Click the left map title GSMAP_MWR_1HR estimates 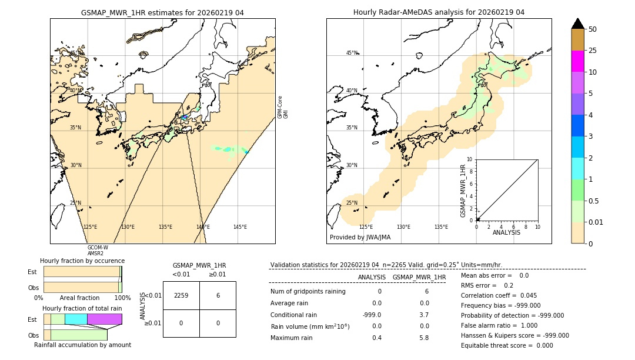pyautogui.click(x=162, y=12)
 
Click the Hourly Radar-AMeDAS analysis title pyautogui.click(x=439, y=12)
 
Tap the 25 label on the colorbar pyautogui.click(x=593, y=51)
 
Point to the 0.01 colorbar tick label pyautogui.click(x=596, y=222)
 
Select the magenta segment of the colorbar pyautogui.click(x=577, y=62)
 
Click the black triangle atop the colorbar pyautogui.click(x=577, y=24)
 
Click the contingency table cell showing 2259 pyautogui.click(x=181, y=295)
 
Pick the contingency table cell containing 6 pyautogui.click(x=218, y=295)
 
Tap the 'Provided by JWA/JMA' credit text pyautogui.click(x=360, y=238)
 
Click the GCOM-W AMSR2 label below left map pyautogui.click(x=97, y=251)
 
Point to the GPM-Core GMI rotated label pyautogui.click(x=283, y=107)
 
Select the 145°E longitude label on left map pyautogui.click(x=240, y=227)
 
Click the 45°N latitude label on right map pyautogui.click(x=352, y=53)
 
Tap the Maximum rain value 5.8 pyautogui.click(x=424, y=338)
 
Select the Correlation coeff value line pyautogui.click(x=499, y=295)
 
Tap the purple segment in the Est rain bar pyautogui.click(x=105, y=319)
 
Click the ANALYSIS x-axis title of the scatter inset pyautogui.click(x=507, y=232)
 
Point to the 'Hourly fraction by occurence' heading pyautogui.click(x=82, y=261)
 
